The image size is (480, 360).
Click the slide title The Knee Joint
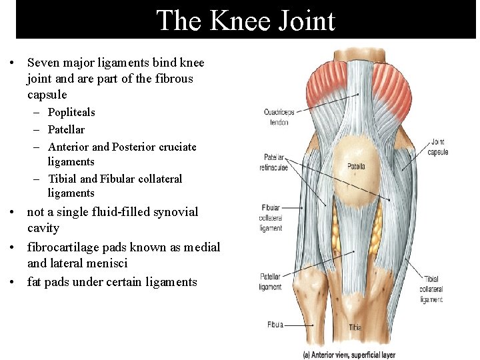click(x=245, y=21)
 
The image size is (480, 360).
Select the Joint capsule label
click(x=438, y=147)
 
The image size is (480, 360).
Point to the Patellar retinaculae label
click(x=275, y=163)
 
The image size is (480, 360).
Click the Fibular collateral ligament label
click(x=271, y=218)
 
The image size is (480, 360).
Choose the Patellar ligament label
click(x=271, y=281)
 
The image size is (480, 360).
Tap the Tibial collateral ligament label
click(x=431, y=289)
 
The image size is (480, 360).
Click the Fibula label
click(x=275, y=325)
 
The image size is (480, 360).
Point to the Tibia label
click(x=355, y=328)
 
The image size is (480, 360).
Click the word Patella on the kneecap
click(x=356, y=166)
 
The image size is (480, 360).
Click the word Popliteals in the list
click(x=71, y=112)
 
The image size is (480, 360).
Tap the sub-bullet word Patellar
click(x=66, y=129)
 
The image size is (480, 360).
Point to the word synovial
click(x=175, y=212)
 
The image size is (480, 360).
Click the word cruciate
click(x=175, y=147)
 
